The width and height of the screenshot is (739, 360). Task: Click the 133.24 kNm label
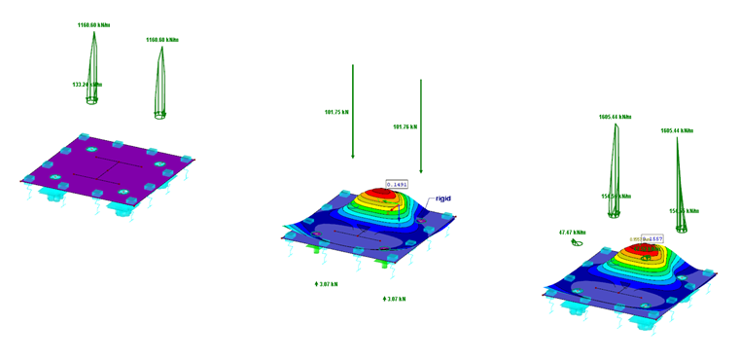tap(88, 85)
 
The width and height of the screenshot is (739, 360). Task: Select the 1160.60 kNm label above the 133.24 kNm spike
tap(93, 24)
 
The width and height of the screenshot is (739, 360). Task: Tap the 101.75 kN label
tap(336, 112)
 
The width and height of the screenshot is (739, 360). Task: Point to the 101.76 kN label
tap(405, 126)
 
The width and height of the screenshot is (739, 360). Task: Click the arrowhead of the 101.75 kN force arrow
tap(353, 156)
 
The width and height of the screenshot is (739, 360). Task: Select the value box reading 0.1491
tap(397, 184)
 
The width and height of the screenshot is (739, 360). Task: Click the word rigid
tap(441, 198)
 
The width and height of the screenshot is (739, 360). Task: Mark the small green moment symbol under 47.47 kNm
tap(577, 242)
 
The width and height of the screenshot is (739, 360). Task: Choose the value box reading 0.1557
tap(651, 239)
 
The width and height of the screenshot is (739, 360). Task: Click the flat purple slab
tap(107, 170)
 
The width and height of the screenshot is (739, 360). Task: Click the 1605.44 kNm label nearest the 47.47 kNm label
tap(616, 117)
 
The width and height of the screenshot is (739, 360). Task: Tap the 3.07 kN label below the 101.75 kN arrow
tap(327, 284)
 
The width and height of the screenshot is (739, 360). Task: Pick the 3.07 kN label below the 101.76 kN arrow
tap(395, 299)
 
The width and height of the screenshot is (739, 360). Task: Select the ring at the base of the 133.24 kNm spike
tap(86, 126)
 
